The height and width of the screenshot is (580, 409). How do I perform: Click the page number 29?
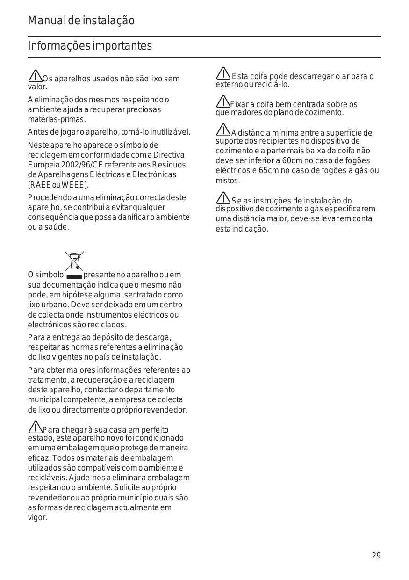376,556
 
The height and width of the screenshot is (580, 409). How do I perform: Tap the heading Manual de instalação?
81,21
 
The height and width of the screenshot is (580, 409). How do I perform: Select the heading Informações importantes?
90,46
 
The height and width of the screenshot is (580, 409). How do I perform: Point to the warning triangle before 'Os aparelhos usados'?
35,75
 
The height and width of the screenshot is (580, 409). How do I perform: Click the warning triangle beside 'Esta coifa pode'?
223,73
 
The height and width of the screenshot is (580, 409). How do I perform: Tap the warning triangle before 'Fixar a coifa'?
222,101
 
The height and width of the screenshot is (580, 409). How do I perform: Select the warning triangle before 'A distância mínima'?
223,130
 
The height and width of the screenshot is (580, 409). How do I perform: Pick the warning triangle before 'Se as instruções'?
223,198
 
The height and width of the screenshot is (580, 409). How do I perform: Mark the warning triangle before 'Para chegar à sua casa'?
35,427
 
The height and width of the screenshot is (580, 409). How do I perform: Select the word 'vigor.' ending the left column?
37,518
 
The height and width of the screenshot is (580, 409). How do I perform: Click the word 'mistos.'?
228,181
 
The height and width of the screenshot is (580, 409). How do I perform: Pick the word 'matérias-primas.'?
57,119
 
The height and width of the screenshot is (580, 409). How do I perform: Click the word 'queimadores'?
238,113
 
